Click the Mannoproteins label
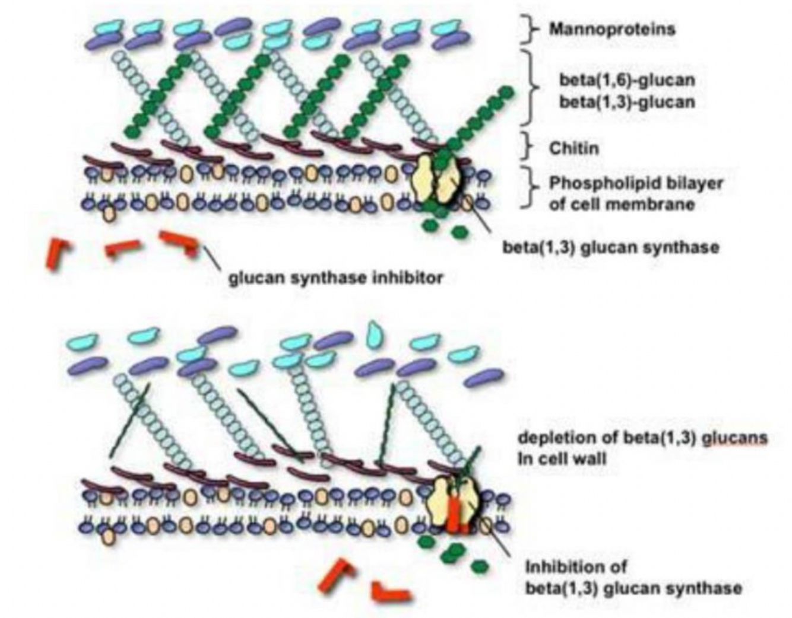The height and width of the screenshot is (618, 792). (612, 29)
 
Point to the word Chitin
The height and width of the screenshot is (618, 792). (574, 148)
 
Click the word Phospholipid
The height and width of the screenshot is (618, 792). (596, 183)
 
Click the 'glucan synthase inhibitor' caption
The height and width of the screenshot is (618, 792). (336, 278)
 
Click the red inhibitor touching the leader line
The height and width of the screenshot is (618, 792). (180, 242)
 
